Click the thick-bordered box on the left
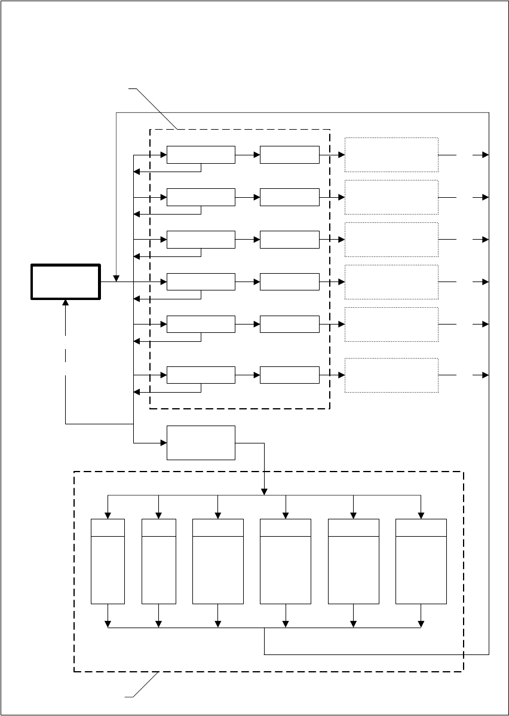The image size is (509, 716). (x=65, y=281)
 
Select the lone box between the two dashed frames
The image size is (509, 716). (x=201, y=443)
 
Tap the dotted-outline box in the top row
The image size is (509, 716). (x=391, y=155)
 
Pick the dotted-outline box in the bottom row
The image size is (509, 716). (x=391, y=375)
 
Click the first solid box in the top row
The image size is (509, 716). (x=201, y=154)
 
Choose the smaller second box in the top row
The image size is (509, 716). (x=290, y=154)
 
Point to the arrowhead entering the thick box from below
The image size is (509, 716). (x=65, y=303)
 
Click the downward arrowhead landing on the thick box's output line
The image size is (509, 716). (x=116, y=279)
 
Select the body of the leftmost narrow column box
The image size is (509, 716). (x=108, y=570)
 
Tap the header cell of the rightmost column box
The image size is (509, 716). (x=421, y=528)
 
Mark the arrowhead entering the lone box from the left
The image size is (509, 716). (x=163, y=443)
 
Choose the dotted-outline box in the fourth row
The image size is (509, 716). (x=391, y=282)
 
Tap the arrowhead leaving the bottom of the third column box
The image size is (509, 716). (x=218, y=625)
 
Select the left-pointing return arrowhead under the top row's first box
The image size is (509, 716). (x=136, y=172)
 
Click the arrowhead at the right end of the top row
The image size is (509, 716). (x=485, y=155)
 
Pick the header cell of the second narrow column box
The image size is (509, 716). (x=158, y=528)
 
